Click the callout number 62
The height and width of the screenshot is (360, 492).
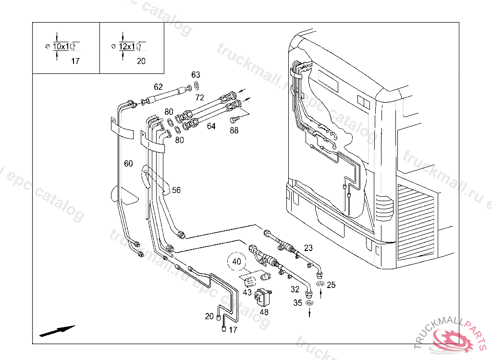click(x=159, y=87)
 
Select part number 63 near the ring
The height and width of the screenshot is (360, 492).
click(x=196, y=75)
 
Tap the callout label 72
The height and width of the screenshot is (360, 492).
click(x=200, y=97)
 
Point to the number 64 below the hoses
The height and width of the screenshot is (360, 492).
click(x=211, y=126)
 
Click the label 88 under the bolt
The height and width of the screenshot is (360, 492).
click(x=234, y=130)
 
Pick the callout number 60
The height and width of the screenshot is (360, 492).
click(x=128, y=164)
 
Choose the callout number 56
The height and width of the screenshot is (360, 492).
click(x=176, y=190)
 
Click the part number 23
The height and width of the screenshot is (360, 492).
click(x=308, y=248)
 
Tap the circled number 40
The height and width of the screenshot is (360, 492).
click(x=236, y=262)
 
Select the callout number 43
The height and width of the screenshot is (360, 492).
click(x=247, y=292)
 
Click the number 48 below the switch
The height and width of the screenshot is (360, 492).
click(x=264, y=312)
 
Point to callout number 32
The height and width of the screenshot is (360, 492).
click(x=295, y=289)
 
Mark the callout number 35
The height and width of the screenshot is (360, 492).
click(x=298, y=303)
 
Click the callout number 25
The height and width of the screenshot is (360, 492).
click(x=331, y=285)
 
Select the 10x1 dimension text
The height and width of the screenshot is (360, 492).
click(x=61, y=47)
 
